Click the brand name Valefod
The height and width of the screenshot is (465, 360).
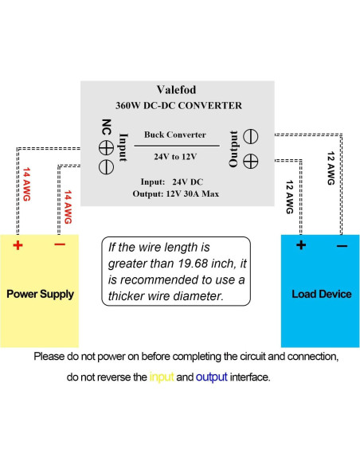click(x=178, y=91)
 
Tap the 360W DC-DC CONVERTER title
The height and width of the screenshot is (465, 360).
click(x=178, y=105)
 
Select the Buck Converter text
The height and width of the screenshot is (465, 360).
click(x=175, y=135)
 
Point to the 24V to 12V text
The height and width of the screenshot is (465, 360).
click(x=175, y=156)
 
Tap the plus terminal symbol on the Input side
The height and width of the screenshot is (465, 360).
click(x=105, y=147)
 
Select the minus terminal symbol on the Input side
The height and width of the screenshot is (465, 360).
click(x=105, y=166)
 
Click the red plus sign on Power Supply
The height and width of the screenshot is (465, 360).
click(x=18, y=244)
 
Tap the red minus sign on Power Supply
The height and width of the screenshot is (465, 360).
click(x=59, y=244)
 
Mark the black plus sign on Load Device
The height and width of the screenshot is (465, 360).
click(x=301, y=244)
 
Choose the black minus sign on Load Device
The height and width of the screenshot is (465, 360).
click(x=342, y=245)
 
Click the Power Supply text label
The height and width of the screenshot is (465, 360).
click(x=40, y=294)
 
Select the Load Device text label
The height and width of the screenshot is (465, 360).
click(x=321, y=294)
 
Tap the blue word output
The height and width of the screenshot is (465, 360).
click(x=211, y=377)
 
